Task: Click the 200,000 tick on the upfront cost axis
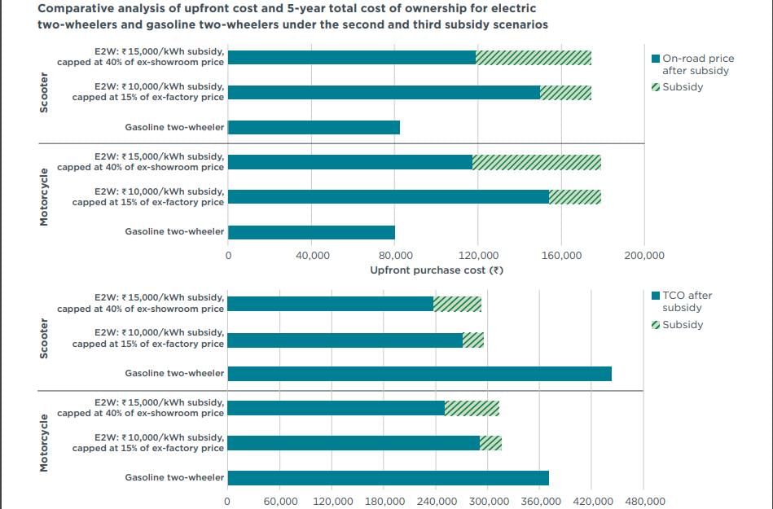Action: pos(644,255)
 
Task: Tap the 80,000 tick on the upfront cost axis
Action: pos(395,255)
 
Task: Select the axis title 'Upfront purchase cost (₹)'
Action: pos(437,270)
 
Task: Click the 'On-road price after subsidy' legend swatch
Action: pos(657,59)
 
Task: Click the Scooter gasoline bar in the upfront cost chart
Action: pos(314,128)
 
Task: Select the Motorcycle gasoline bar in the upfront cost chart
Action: pos(311,233)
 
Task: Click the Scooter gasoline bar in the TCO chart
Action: pos(419,374)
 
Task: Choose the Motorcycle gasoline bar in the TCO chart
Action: pos(388,478)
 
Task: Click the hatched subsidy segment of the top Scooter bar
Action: pos(534,58)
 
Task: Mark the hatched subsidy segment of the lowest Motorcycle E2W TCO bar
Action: pos(490,443)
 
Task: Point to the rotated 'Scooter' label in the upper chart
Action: pos(44,93)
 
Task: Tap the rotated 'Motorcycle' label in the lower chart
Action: pos(44,442)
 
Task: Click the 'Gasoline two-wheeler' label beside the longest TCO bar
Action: pos(174,374)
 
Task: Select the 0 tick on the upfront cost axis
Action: pos(228,255)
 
